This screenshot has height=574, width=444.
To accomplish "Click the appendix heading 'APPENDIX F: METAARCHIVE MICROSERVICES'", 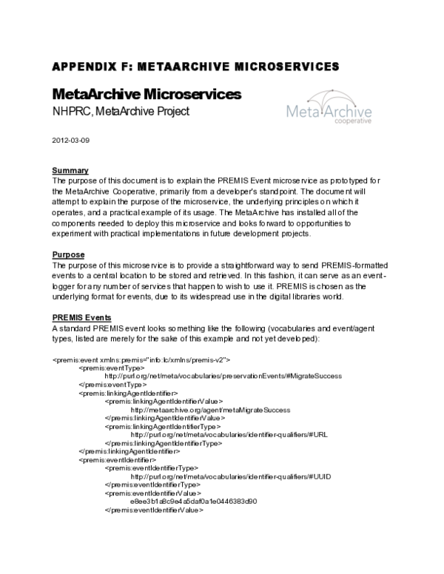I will click(195, 66).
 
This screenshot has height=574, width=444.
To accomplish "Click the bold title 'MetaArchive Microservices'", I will click(147, 95).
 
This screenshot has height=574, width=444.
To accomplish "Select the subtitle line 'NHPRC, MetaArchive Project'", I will click(121, 112).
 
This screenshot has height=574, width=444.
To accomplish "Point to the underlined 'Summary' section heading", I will click(70, 170).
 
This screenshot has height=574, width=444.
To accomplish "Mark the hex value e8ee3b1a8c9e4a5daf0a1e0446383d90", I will click(193, 501).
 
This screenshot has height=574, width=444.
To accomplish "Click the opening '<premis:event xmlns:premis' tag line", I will click(141, 359).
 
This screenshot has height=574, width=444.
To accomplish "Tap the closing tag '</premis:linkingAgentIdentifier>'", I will click(129, 451).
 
